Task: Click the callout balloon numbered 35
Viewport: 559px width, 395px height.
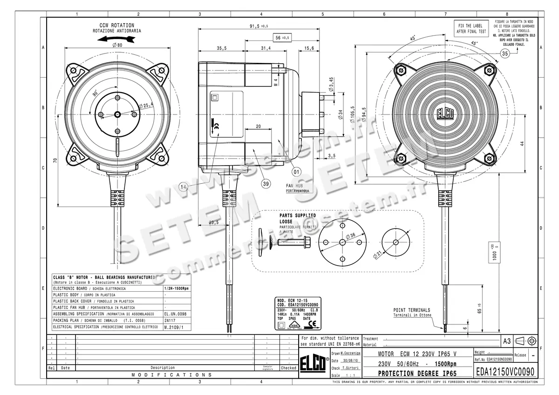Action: [505, 54]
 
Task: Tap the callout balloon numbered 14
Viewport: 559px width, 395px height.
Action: [184, 187]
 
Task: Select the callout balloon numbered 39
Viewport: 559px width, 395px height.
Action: [266, 184]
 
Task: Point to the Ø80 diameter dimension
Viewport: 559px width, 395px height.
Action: [117, 45]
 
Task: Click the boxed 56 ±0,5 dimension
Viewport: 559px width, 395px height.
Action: [279, 37]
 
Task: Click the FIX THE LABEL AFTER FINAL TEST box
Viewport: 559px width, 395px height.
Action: [471, 29]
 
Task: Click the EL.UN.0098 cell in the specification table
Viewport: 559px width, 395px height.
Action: [175, 314]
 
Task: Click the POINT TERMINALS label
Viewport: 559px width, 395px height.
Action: [412, 310]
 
